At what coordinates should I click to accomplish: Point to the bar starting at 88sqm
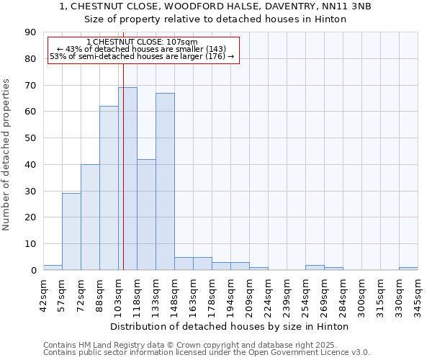pos(109,188)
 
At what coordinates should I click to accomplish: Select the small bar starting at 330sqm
pos(408,269)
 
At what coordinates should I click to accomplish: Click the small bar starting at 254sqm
pos(315,268)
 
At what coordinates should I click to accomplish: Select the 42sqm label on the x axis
pos(44,292)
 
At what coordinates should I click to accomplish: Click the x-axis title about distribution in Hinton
pos(230,326)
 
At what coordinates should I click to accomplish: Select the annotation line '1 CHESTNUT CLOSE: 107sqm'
pos(141,42)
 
